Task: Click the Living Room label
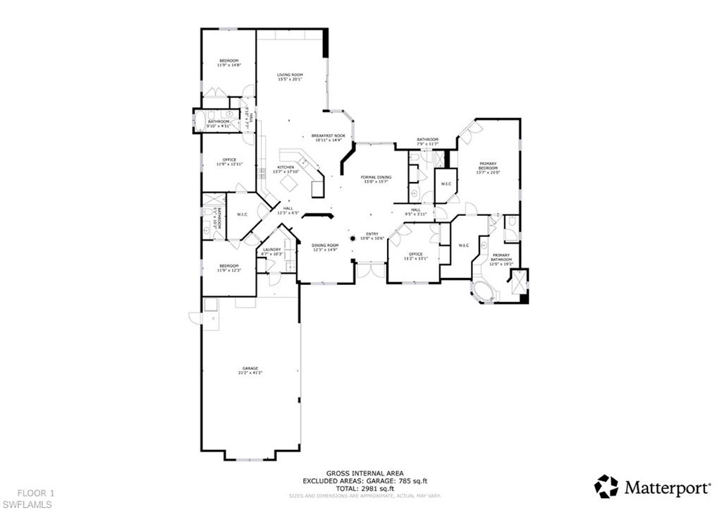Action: tap(290, 76)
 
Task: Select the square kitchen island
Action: tap(288, 183)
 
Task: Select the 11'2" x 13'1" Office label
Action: tap(415, 256)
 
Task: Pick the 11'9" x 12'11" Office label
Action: tap(229, 162)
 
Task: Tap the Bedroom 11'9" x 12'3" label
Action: tap(228, 267)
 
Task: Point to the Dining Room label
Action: tap(325, 247)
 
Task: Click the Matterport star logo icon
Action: tap(606, 486)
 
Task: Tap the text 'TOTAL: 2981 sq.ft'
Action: tap(357, 487)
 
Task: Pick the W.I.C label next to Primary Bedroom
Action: tap(446, 184)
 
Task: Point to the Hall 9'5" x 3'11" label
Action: tap(416, 212)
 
